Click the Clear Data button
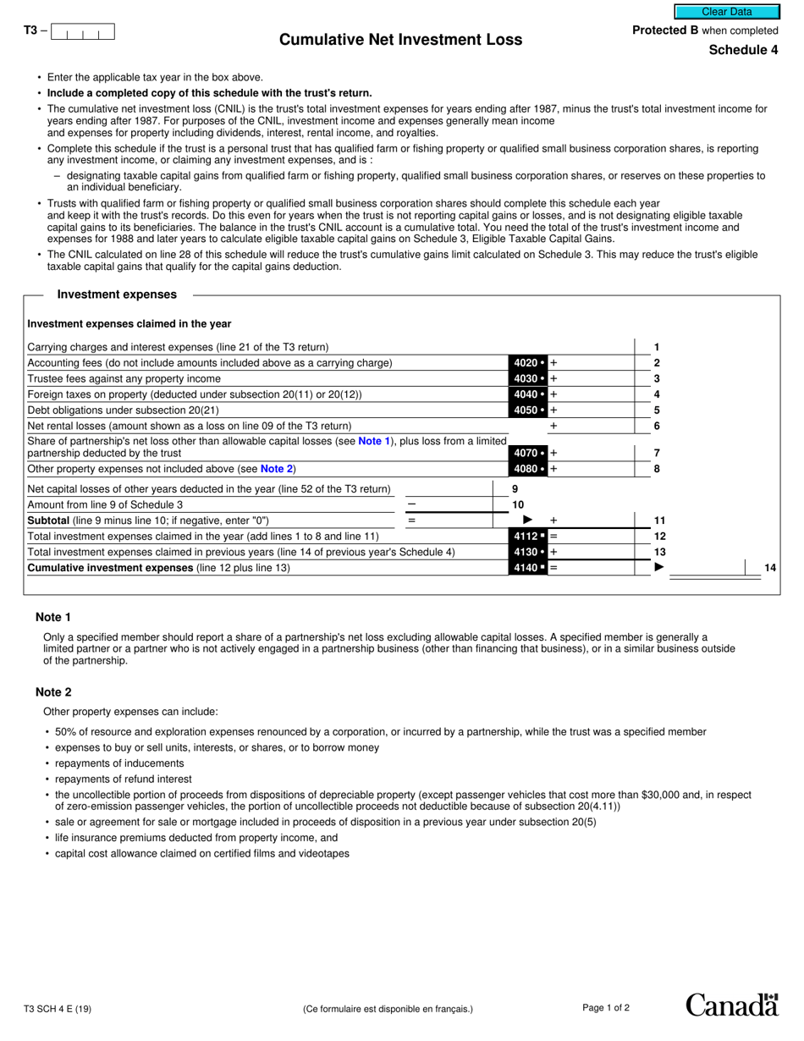(x=726, y=12)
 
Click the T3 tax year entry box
(x=82, y=32)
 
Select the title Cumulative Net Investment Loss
(x=400, y=40)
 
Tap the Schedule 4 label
(x=743, y=50)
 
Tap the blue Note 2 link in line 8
(x=276, y=469)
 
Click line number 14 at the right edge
(x=770, y=568)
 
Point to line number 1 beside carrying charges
(x=657, y=347)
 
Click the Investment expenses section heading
(x=117, y=295)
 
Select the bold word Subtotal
(x=48, y=520)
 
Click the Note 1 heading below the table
(x=53, y=617)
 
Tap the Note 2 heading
(x=53, y=691)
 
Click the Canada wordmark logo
(x=731, y=1005)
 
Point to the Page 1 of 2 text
(x=606, y=1007)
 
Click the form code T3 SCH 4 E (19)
(x=58, y=1009)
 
